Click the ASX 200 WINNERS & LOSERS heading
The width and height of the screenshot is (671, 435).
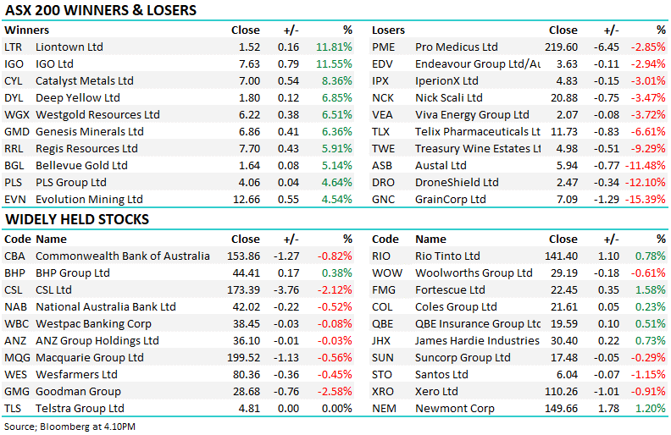[101, 11]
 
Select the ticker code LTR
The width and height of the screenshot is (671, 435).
[13, 47]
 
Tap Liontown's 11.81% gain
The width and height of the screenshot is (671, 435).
[334, 47]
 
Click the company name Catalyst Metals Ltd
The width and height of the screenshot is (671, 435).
[85, 81]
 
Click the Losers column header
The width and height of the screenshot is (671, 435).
[389, 30]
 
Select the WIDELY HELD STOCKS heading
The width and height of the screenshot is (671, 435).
[77, 220]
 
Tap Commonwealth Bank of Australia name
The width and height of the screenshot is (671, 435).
[123, 256]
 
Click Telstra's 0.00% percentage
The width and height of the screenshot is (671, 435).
[335, 409]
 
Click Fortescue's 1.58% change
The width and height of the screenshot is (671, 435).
[651, 290]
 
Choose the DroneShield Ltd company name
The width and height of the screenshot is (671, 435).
[457, 183]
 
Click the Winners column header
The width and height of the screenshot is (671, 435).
[26, 30]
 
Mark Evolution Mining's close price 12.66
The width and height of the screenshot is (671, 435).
[245, 200]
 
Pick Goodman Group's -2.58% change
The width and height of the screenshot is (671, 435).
[334, 392]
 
